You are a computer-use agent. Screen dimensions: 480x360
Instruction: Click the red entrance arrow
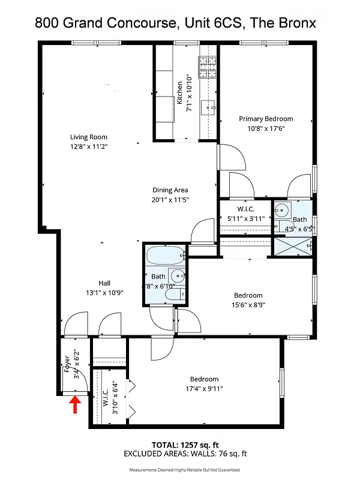[x=76, y=406]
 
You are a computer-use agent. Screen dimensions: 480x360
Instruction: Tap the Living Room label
[x=88, y=137]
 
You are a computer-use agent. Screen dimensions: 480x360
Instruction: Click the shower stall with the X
[x=293, y=246]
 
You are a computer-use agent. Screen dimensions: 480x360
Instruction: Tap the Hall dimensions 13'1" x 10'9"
[x=104, y=293]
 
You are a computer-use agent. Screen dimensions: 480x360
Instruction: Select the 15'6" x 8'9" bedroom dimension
[x=248, y=304]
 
